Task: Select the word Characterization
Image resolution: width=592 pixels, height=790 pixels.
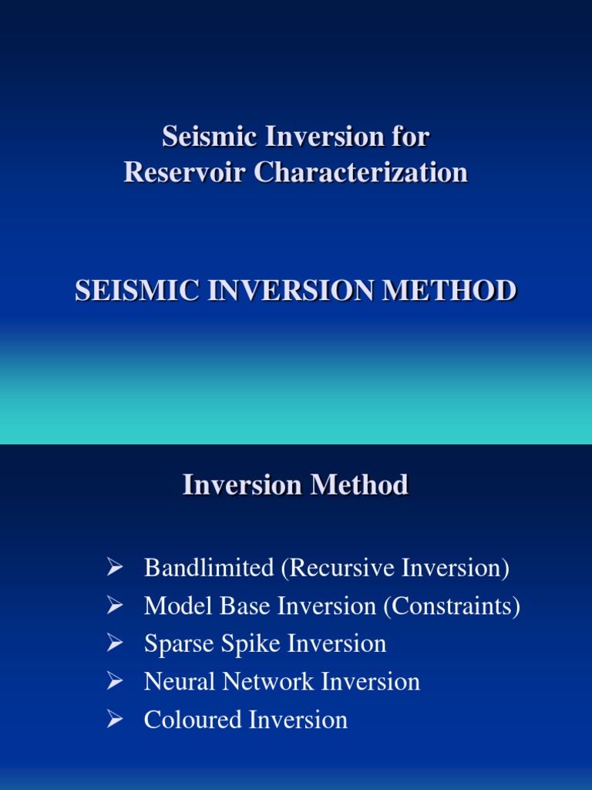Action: click(361, 172)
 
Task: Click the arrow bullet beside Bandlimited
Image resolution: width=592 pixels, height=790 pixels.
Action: click(115, 569)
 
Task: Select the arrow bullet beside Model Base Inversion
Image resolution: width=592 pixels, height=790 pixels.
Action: click(115, 606)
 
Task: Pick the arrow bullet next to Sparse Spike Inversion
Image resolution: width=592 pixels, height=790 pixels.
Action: click(115, 644)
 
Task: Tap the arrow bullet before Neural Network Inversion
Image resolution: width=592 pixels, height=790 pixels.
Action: click(115, 682)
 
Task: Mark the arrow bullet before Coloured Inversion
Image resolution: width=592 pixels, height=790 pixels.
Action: click(115, 720)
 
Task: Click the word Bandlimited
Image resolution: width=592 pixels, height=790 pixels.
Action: click(209, 569)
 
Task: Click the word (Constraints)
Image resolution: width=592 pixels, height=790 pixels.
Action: click(452, 606)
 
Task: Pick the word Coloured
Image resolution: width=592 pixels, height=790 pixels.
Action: click(193, 720)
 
